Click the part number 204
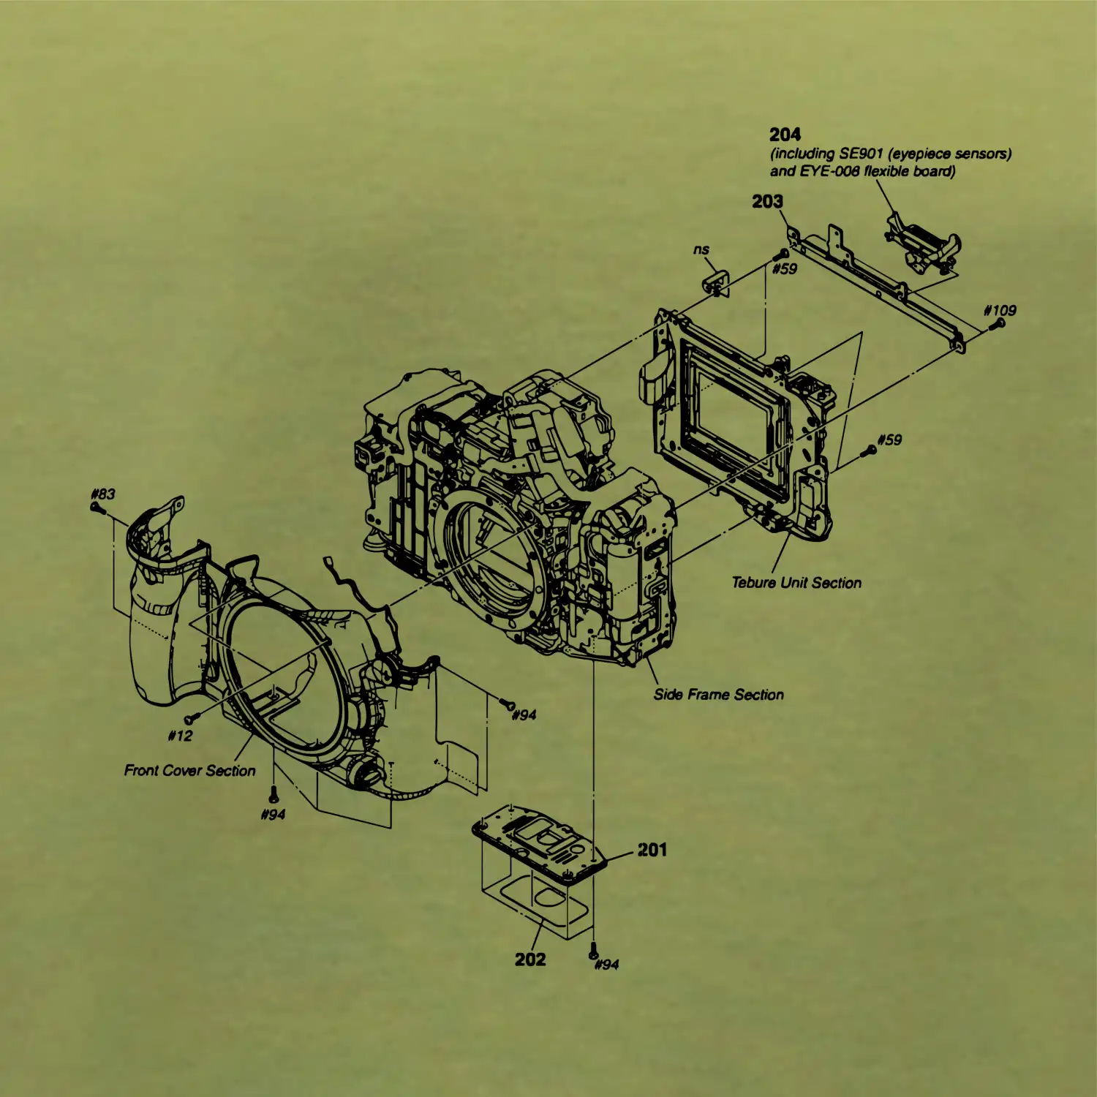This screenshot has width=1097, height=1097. coord(785,135)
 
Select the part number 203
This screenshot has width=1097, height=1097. coord(767,201)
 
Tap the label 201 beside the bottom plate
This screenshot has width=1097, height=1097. coord(652,850)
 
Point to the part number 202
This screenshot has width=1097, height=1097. coord(530,960)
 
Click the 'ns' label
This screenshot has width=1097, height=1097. coord(701,250)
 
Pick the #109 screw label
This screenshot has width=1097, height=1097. coord(1000,310)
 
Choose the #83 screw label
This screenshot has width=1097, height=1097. coord(103,494)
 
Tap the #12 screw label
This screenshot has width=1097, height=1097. coord(181,736)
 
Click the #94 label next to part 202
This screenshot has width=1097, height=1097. coord(607,965)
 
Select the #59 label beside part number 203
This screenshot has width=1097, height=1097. coord(785,269)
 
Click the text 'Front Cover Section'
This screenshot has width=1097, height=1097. coord(190,770)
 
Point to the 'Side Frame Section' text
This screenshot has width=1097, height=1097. coord(719,695)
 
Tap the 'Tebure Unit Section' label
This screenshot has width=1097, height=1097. coord(797,583)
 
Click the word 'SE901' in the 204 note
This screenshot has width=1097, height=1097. coord(861,154)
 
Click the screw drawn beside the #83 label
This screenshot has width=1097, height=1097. coord(95,507)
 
